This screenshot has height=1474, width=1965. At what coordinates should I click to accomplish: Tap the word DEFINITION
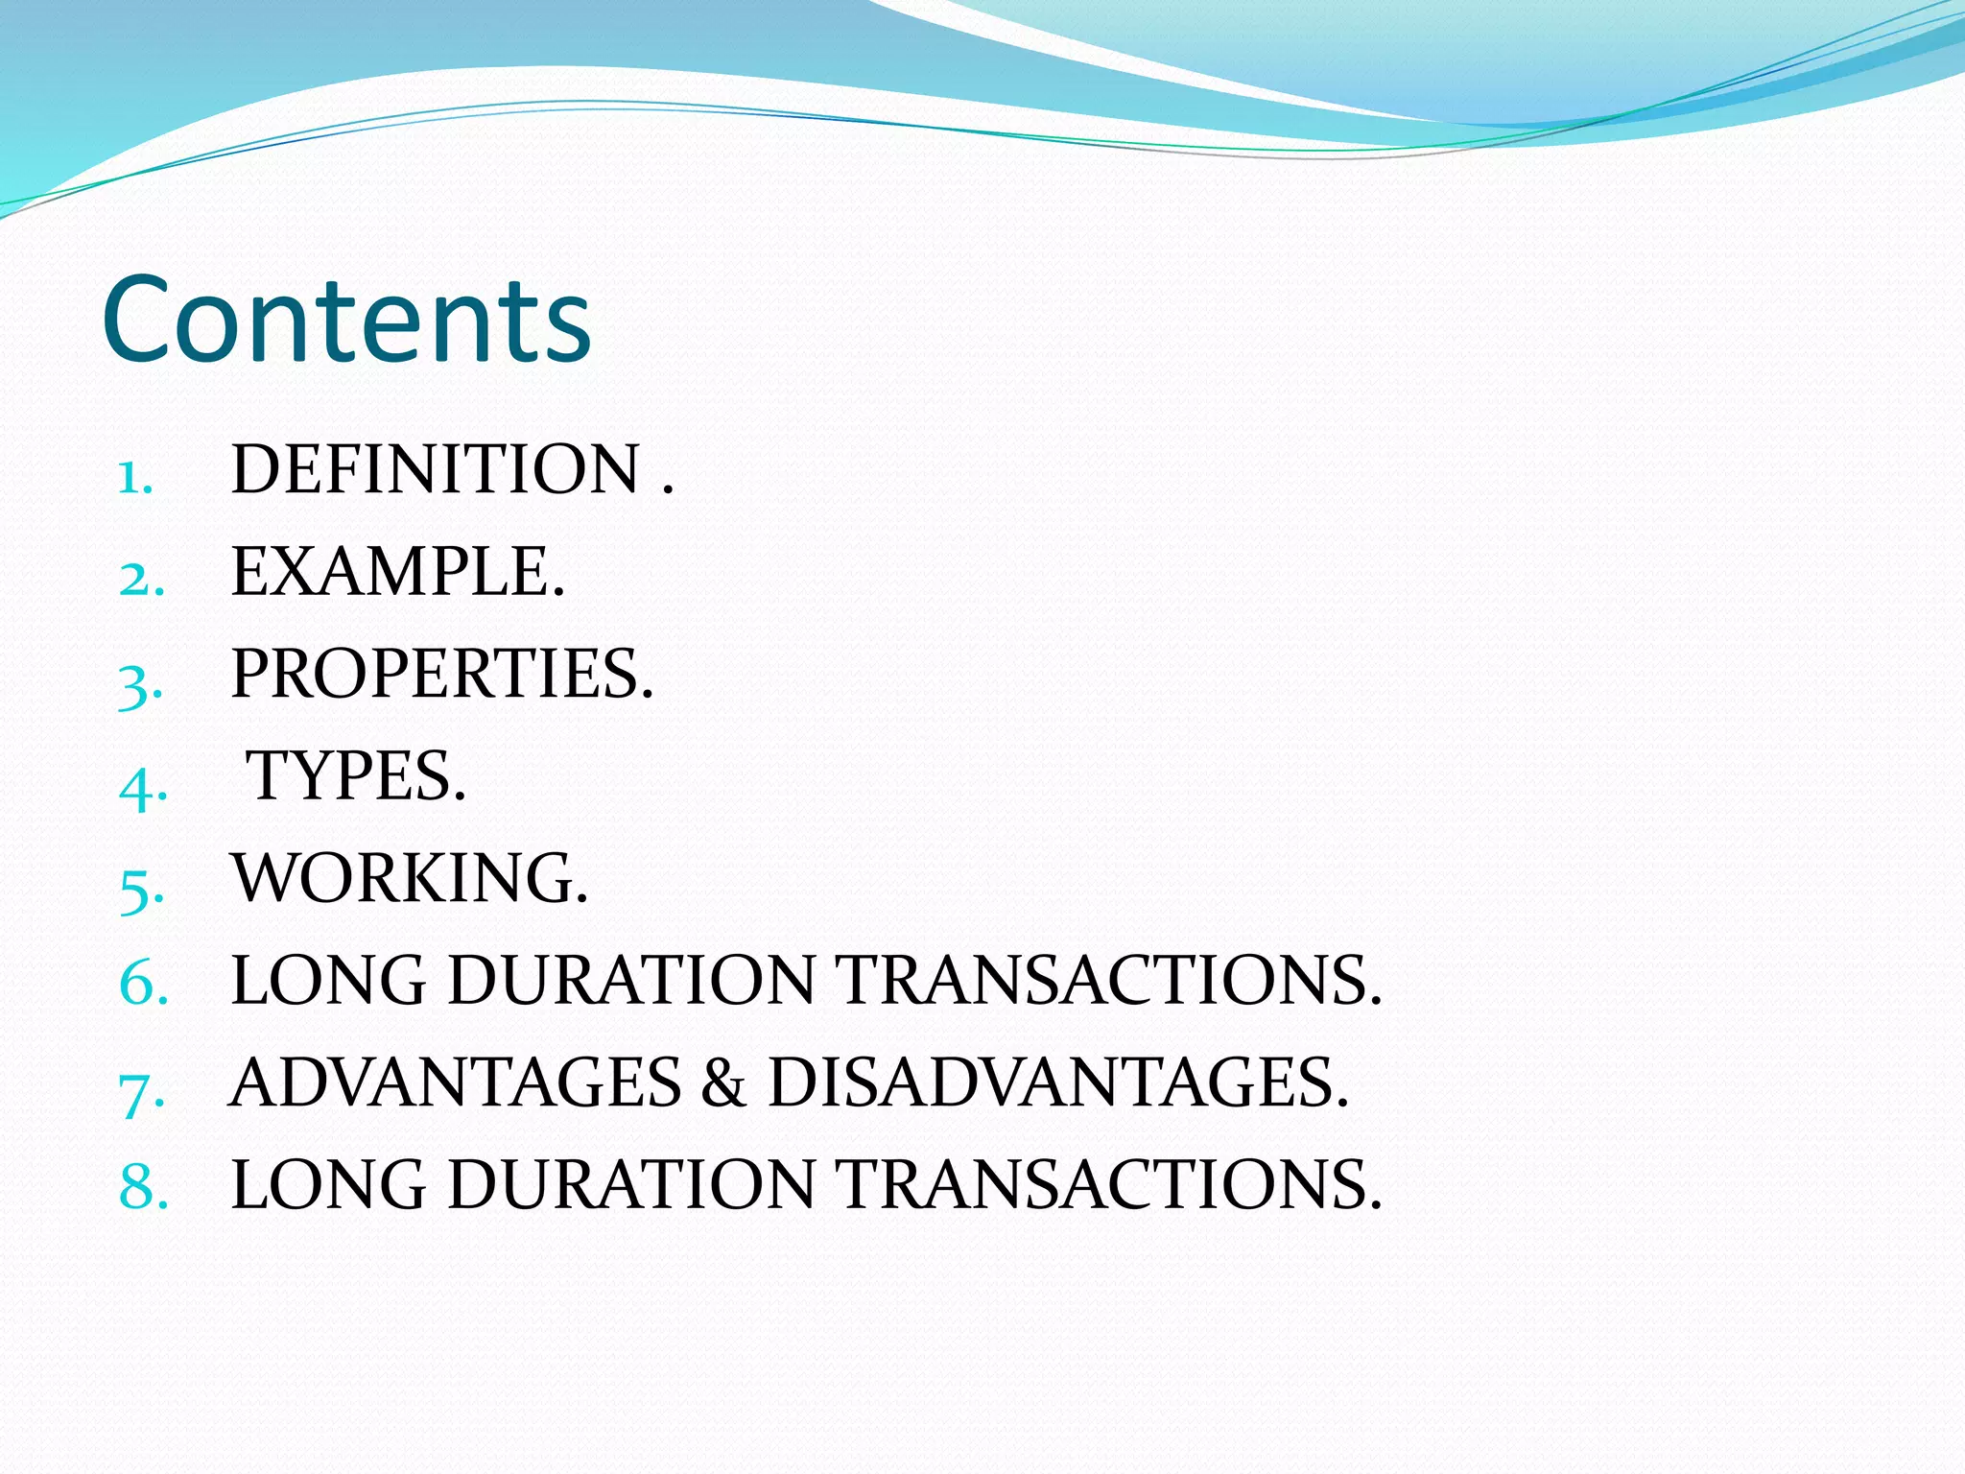coord(436,470)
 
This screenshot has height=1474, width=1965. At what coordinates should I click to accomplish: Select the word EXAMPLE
coord(397,572)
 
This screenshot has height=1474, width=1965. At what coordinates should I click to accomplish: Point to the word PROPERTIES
coord(441,674)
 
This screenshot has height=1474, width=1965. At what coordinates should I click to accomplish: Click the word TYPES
coord(355,775)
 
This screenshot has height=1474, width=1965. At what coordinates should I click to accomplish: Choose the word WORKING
coord(409,878)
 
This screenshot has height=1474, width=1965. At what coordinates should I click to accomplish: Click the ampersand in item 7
coord(723,1083)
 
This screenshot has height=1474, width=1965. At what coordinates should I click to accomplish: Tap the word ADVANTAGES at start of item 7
coord(456,1083)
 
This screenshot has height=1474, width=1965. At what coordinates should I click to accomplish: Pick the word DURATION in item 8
coord(631,1185)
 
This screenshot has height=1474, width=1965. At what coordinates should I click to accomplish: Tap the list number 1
coord(134,477)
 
